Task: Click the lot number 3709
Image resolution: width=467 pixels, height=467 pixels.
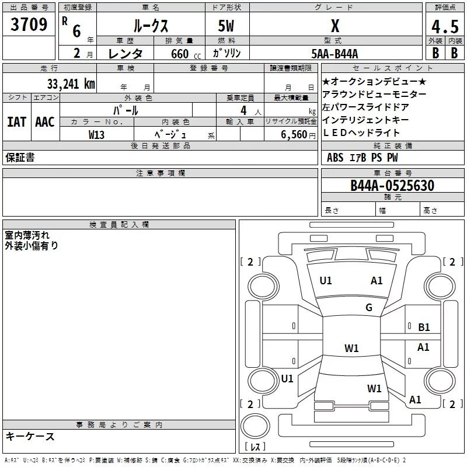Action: tap(29, 25)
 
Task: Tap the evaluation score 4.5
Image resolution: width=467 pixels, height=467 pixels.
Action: tap(444, 27)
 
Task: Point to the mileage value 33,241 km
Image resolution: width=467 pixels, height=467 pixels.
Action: tap(71, 83)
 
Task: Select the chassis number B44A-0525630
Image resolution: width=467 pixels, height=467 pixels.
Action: tap(392, 186)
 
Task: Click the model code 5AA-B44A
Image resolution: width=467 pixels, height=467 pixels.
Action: tap(334, 54)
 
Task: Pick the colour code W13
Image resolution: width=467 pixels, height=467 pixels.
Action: tap(96, 134)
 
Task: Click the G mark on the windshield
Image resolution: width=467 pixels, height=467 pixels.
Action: tap(369, 308)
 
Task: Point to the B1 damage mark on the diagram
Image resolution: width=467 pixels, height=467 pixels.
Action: tap(424, 327)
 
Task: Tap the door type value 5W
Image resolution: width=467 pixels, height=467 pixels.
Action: tap(226, 26)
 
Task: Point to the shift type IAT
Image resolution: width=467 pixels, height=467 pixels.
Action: tap(16, 121)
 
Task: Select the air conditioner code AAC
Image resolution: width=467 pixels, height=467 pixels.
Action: tap(45, 121)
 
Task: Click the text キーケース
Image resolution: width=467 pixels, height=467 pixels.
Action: tap(30, 437)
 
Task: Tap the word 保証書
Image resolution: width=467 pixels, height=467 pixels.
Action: tap(20, 158)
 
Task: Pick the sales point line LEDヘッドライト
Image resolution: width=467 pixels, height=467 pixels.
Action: tap(361, 133)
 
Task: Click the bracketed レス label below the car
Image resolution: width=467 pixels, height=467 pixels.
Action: tap(255, 447)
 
